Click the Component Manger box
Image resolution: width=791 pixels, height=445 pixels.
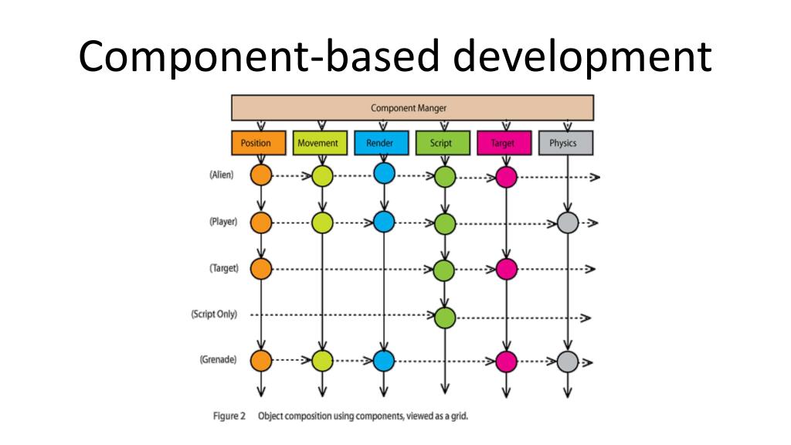point(412,108)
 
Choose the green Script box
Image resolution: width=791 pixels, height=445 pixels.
point(443,143)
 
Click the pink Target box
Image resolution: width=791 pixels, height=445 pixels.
point(504,143)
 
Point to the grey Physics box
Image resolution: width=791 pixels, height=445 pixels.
point(568,143)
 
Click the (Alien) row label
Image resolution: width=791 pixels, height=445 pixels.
point(222,175)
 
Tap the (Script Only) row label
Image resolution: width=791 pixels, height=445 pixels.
point(215,314)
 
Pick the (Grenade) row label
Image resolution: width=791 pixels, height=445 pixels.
point(219,359)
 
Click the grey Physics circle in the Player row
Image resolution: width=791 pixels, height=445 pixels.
point(568,223)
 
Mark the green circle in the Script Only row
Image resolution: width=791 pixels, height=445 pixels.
point(444,316)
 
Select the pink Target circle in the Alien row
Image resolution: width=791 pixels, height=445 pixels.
point(506,177)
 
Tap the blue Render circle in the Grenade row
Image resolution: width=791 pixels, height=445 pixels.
point(384,360)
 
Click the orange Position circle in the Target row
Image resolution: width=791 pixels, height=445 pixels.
point(262,269)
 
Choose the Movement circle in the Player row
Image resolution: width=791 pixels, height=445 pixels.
point(322,223)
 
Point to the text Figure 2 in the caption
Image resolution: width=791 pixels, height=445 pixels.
point(229,416)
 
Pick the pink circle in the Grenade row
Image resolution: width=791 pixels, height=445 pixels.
point(506,361)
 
